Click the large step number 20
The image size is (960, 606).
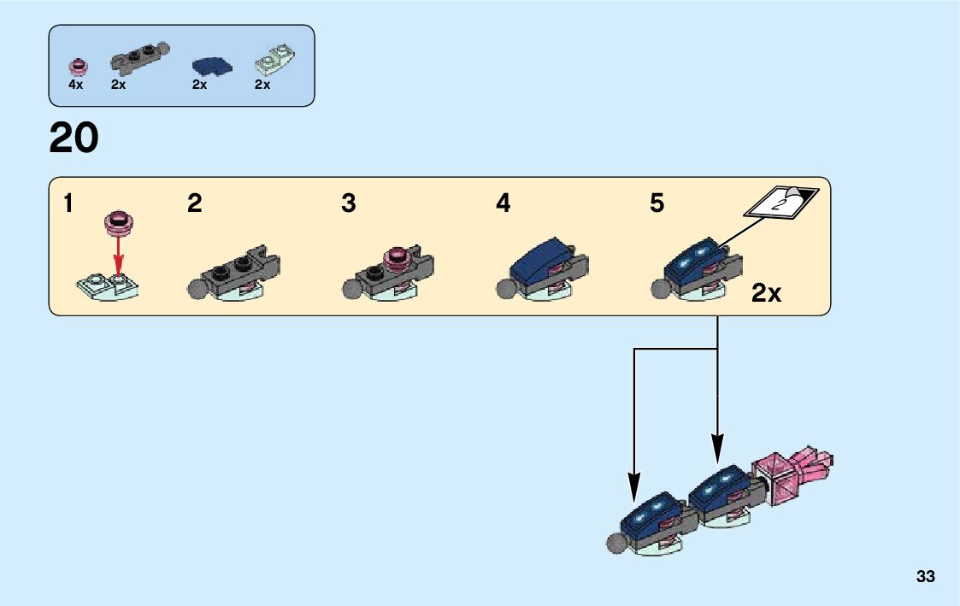coord(74,138)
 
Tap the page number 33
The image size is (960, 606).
coord(925,577)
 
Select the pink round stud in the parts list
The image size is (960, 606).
coord(78,65)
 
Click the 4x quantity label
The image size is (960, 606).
coord(76,85)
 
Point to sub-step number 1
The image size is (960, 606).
coord(68,204)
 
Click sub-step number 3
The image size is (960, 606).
coord(348,204)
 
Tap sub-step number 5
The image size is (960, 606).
coord(657,204)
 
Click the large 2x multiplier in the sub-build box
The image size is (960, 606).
coord(766,294)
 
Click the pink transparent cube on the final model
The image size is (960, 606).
coord(774,477)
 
